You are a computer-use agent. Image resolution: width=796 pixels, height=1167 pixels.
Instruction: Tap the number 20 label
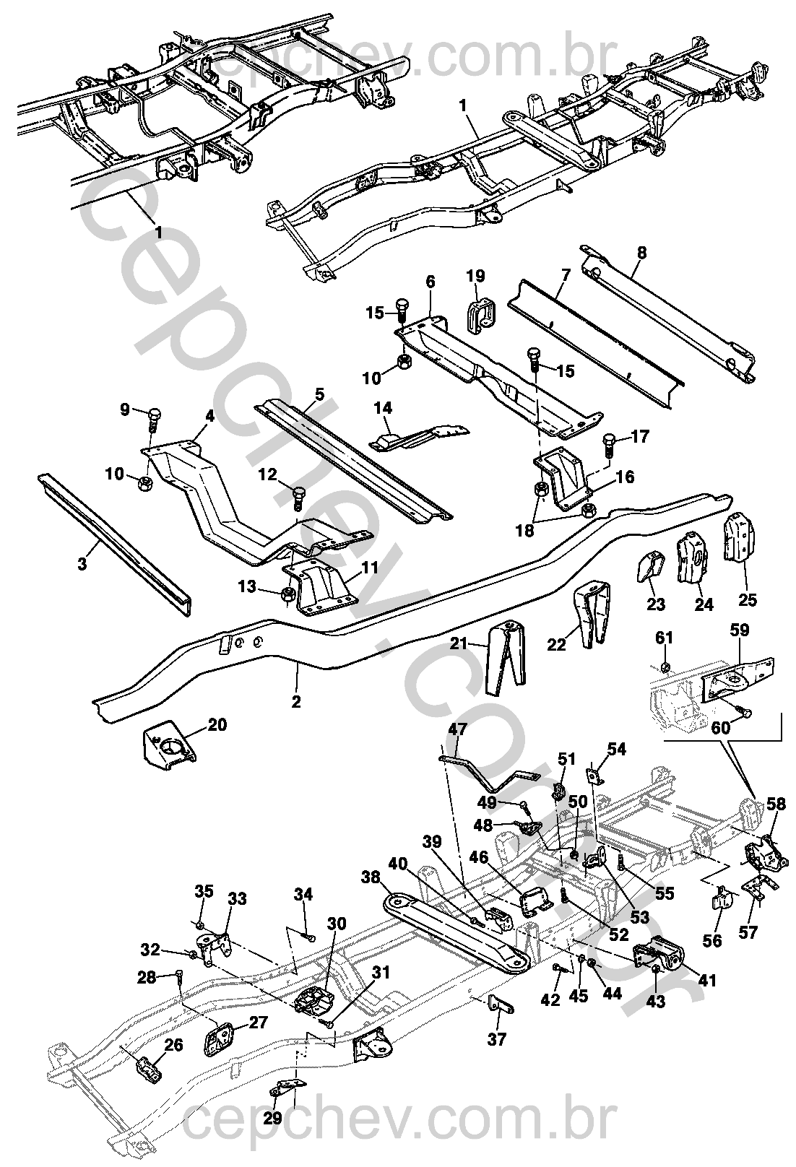point(218,724)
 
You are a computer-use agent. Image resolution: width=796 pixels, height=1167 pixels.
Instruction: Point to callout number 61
point(664,637)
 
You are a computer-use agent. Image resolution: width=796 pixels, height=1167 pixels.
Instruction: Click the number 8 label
point(642,253)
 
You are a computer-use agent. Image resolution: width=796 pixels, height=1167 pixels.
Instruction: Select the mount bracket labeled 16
point(565,479)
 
